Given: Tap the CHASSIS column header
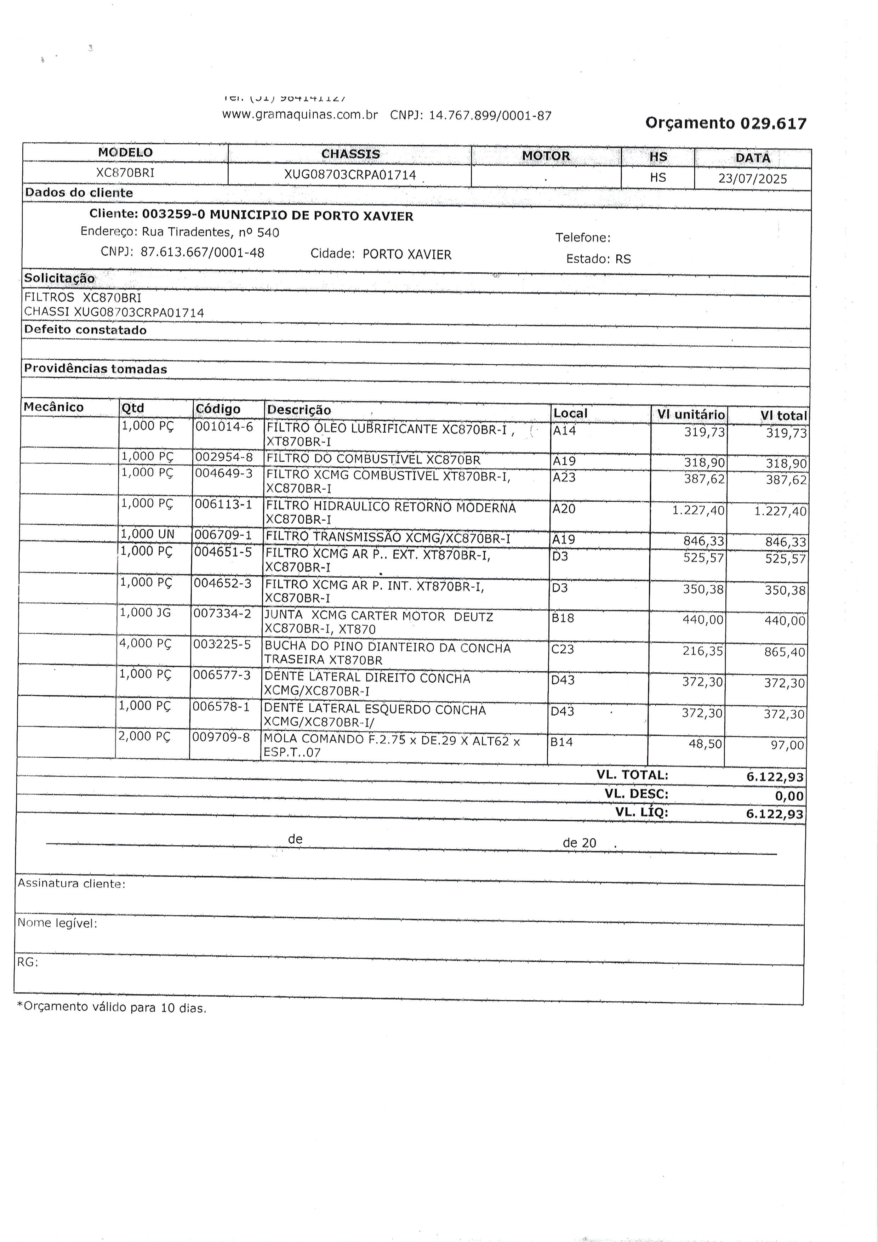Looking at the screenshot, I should click(350, 154).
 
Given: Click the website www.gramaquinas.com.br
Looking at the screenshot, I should click(300, 115).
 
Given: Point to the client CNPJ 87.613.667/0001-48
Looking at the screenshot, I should click(202, 253).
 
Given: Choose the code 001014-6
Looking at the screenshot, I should click(224, 427).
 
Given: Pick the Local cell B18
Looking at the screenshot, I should click(563, 618).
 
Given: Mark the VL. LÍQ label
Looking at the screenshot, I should click(642, 813).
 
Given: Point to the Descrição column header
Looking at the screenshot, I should click(298, 410).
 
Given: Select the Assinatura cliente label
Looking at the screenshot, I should click(72, 883).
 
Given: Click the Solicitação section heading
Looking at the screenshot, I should click(59, 279).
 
